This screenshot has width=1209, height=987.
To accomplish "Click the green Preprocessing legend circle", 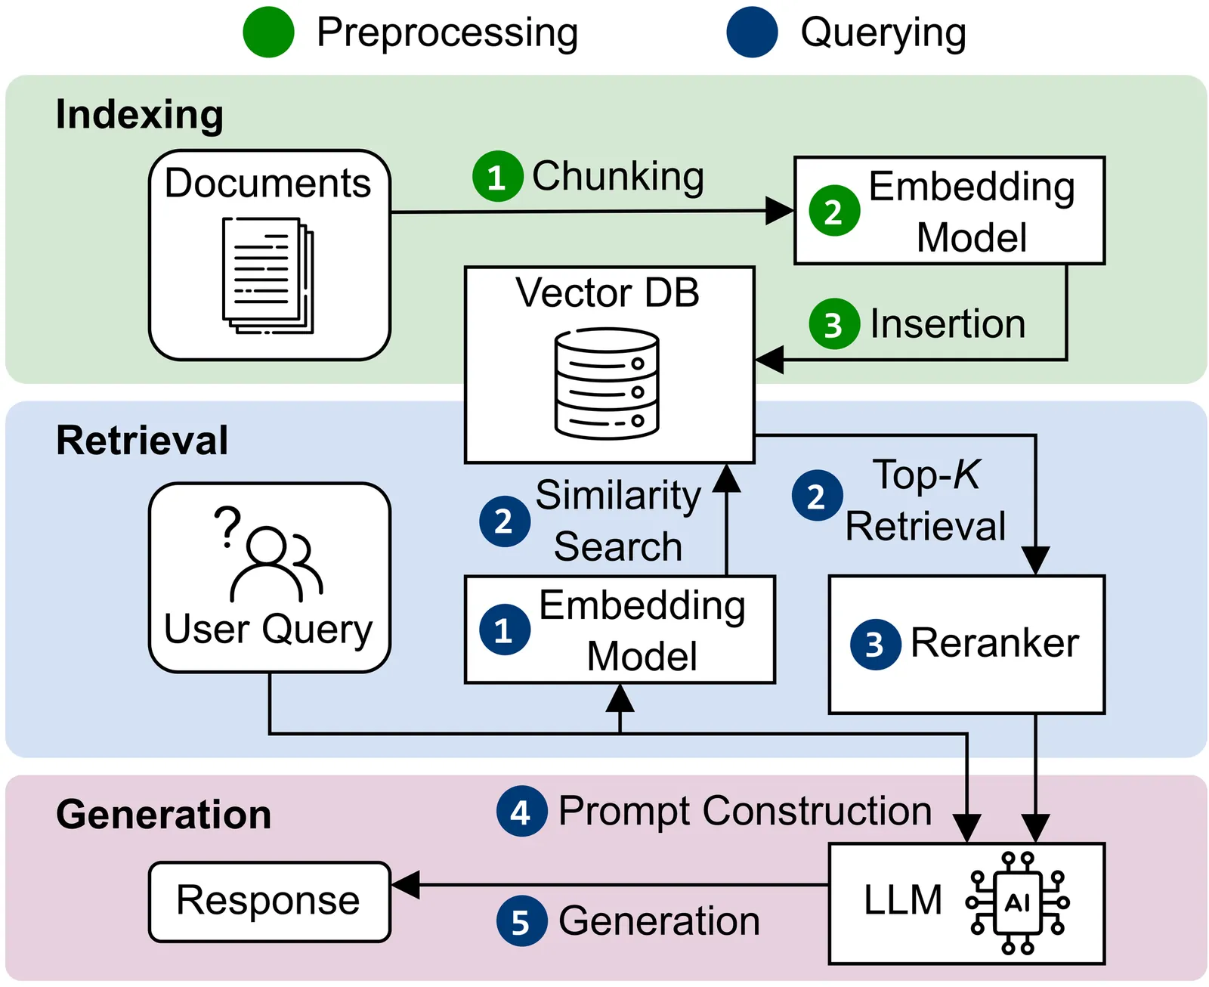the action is (268, 32).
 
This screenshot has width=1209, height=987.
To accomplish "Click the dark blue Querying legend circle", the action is (752, 32).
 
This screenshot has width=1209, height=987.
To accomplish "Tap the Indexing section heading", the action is (139, 116).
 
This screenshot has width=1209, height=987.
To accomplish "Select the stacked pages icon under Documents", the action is (267, 275).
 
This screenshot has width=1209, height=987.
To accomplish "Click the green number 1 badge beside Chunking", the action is (498, 176).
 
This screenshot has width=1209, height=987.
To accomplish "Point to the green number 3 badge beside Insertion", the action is (834, 324).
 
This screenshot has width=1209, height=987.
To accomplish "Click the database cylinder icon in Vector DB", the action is (607, 384).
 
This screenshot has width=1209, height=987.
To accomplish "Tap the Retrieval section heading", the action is (142, 441).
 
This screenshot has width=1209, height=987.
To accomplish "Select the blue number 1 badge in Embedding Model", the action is (505, 629).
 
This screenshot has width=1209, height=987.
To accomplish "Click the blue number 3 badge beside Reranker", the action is (875, 645).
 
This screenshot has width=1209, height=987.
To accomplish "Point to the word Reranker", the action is (994, 643).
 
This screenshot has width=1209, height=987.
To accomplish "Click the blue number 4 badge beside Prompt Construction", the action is (521, 811).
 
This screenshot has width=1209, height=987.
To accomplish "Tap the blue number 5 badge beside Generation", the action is (521, 921).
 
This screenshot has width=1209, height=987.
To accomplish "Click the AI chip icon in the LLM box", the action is (1017, 902).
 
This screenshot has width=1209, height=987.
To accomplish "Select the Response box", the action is (270, 902).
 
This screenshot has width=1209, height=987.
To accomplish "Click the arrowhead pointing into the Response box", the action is (405, 885).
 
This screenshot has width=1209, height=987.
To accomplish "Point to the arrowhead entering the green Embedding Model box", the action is (780, 211).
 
